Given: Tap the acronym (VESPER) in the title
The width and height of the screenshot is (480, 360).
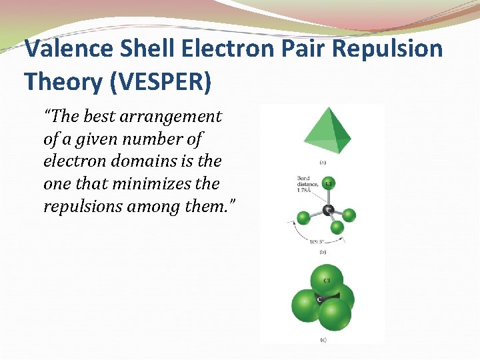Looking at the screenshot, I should (157, 81).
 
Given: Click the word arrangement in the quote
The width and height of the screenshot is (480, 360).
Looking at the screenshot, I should (171, 117).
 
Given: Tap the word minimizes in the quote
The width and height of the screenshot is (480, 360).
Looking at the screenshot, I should (151, 184).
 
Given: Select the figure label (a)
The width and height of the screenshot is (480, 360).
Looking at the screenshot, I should (322, 162).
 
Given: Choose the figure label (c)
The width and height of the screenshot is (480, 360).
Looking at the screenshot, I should (322, 340).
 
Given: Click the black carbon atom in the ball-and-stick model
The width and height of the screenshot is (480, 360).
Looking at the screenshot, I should (327, 211).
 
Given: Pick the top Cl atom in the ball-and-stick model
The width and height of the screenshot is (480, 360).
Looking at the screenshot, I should (328, 183).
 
